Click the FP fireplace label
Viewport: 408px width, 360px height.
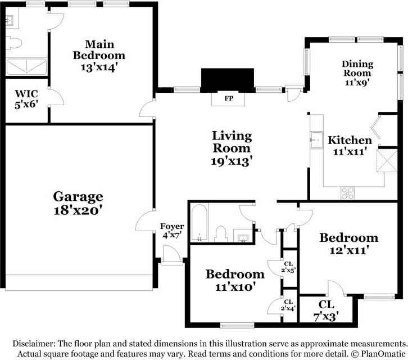229,98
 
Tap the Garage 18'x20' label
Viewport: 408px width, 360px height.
78,204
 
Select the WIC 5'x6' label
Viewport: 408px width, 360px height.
26,99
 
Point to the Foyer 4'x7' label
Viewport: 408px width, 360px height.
172,231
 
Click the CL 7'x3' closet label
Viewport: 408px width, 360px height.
326,311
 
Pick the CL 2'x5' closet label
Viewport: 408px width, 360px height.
288,267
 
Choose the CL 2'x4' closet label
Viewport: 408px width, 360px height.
288,305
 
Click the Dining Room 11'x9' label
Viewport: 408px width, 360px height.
357,73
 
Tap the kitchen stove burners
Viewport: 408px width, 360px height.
348,193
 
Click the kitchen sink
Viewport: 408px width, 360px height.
316,140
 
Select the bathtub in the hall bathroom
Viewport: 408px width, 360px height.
200,222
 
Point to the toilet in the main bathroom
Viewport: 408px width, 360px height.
14,43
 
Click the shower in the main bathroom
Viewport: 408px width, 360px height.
26,67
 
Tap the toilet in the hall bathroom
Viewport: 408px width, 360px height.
221,234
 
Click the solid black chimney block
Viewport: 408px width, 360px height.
228,80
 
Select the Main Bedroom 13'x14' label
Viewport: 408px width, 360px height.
99,56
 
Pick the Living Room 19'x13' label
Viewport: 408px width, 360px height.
232,148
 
